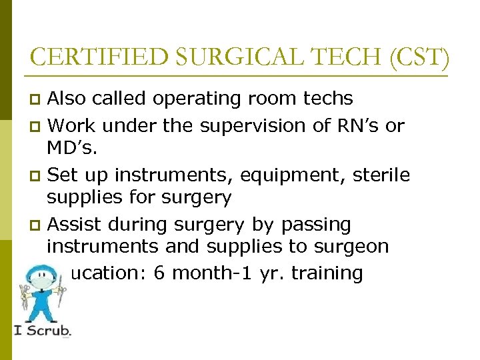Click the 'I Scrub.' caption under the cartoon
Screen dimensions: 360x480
click(x=42, y=329)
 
